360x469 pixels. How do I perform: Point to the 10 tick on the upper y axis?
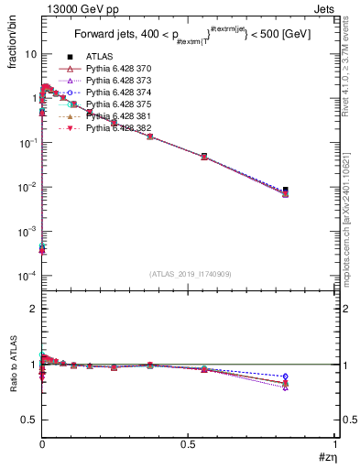tap(29, 54)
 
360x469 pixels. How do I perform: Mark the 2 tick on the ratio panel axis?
tap(33, 309)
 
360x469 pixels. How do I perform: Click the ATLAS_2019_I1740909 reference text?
tap(190, 275)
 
